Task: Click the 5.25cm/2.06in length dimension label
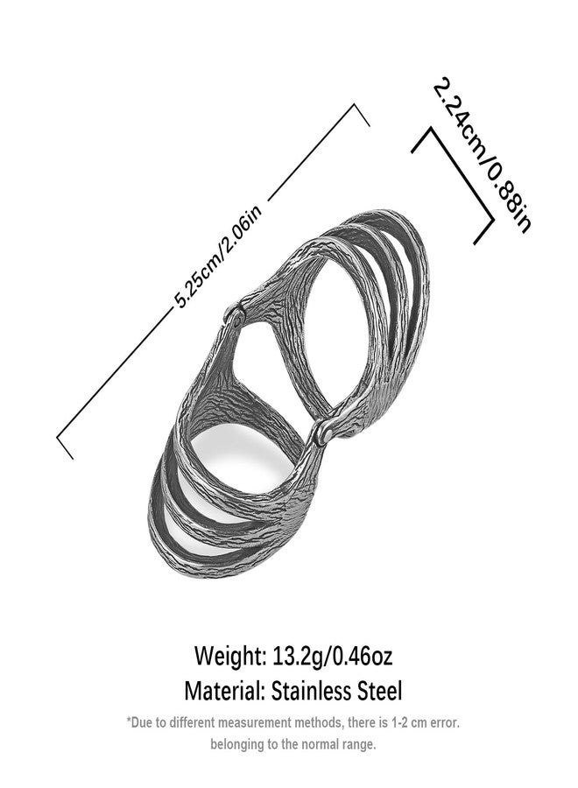[x=219, y=257]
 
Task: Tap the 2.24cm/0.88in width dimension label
[x=482, y=155]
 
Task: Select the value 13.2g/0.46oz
[x=332, y=656]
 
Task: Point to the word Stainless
[x=311, y=691]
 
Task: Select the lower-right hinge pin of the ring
[x=321, y=433]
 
